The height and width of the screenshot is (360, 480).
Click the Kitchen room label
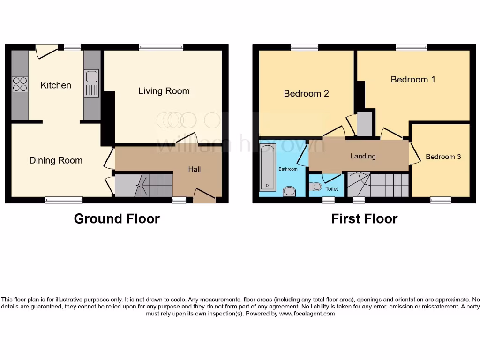tap(56, 85)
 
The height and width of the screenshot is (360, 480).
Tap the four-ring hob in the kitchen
tap(20, 84)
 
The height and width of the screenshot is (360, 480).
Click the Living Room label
tap(164, 91)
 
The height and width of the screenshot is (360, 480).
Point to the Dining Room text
tap(56, 160)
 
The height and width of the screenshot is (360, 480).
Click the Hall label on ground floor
tap(195, 169)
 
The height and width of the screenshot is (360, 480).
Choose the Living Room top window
tap(161, 47)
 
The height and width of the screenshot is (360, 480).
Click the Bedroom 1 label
tap(413, 79)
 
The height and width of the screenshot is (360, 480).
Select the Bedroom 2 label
tap(306, 93)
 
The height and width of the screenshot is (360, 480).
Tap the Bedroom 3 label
tap(443, 157)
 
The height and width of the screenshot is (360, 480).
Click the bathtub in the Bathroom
tap(267, 168)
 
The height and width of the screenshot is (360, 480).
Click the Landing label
tap(363, 156)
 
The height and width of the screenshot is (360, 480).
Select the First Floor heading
tap(364, 218)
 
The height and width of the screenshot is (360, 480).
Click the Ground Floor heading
tap(117, 218)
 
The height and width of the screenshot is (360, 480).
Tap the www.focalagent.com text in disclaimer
tap(307, 314)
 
